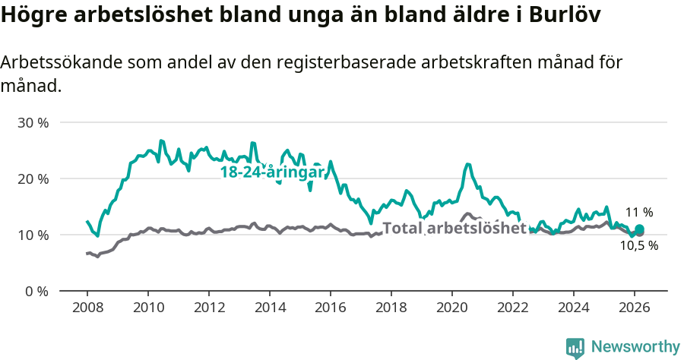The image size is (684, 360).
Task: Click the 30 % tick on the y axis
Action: (x=33, y=122)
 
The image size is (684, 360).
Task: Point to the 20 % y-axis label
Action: (x=33, y=178)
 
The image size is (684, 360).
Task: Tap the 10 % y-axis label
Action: (x=33, y=235)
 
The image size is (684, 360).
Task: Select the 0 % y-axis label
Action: (x=36, y=291)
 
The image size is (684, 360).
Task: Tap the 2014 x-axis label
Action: (x=269, y=307)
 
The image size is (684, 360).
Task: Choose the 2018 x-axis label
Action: (x=391, y=307)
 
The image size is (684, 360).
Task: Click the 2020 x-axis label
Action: (x=451, y=307)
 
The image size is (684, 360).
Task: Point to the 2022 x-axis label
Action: (x=512, y=307)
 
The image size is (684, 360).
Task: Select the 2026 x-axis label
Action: (x=634, y=307)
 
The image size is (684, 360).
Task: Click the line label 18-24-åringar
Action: (x=272, y=172)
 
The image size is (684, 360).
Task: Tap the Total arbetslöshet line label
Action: (x=454, y=228)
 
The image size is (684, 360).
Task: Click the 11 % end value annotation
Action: (x=638, y=213)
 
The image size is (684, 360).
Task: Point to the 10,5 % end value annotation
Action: (x=638, y=246)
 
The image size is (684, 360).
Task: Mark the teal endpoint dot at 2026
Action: (x=639, y=229)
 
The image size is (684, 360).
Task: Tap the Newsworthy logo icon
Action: (x=575, y=347)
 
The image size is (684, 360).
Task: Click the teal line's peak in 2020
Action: (x=467, y=164)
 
